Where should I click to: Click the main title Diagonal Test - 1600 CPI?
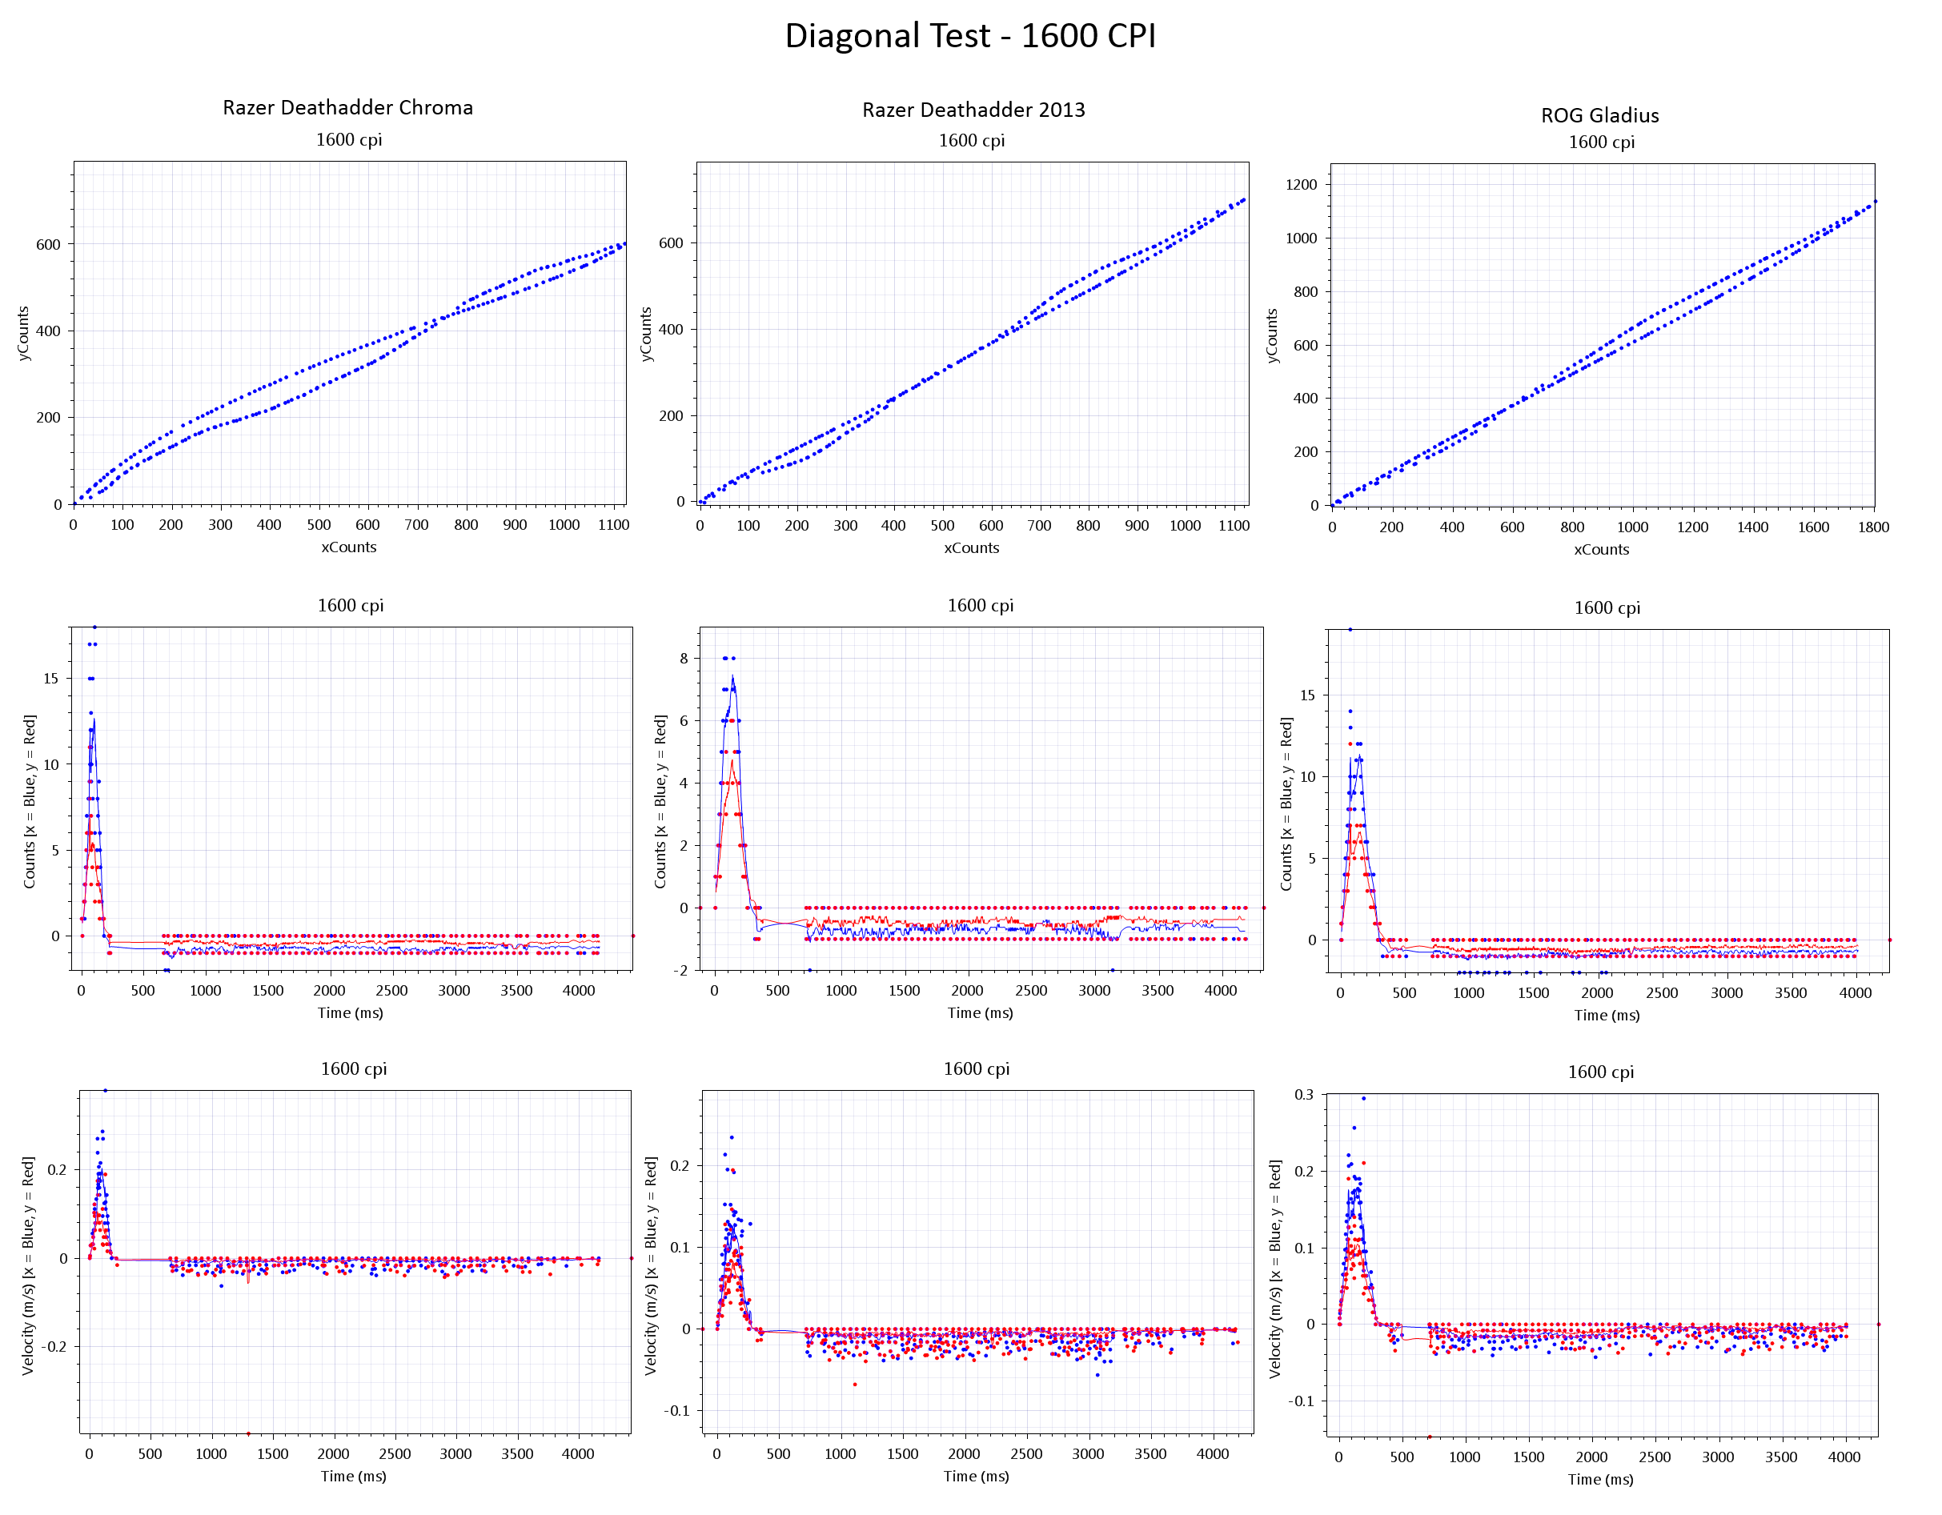(970, 35)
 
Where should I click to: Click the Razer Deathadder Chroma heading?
(347, 107)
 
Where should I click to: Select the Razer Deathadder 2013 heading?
(973, 110)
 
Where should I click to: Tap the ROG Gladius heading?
(1599, 115)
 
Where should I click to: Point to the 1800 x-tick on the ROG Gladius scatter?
(1873, 527)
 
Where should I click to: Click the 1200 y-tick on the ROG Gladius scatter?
(1301, 185)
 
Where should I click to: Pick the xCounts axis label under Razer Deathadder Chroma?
(348, 547)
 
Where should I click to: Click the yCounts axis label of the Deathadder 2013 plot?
(647, 334)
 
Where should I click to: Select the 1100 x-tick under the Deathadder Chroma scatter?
(613, 524)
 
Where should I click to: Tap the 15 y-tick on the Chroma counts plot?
(50, 679)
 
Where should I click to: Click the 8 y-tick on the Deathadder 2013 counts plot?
(684, 659)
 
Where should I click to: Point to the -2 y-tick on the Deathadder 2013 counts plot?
(680, 970)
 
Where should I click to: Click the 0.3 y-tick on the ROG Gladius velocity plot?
(1303, 1095)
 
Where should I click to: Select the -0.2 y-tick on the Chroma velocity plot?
(54, 1346)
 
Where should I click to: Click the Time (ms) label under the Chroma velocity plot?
(353, 1476)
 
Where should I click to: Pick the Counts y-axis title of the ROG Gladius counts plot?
(1286, 804)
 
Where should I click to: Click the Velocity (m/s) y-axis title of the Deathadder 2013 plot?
(651, 1266)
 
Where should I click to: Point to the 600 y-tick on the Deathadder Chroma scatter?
(48, 245)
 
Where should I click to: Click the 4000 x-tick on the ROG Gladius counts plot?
(1855, 993)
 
